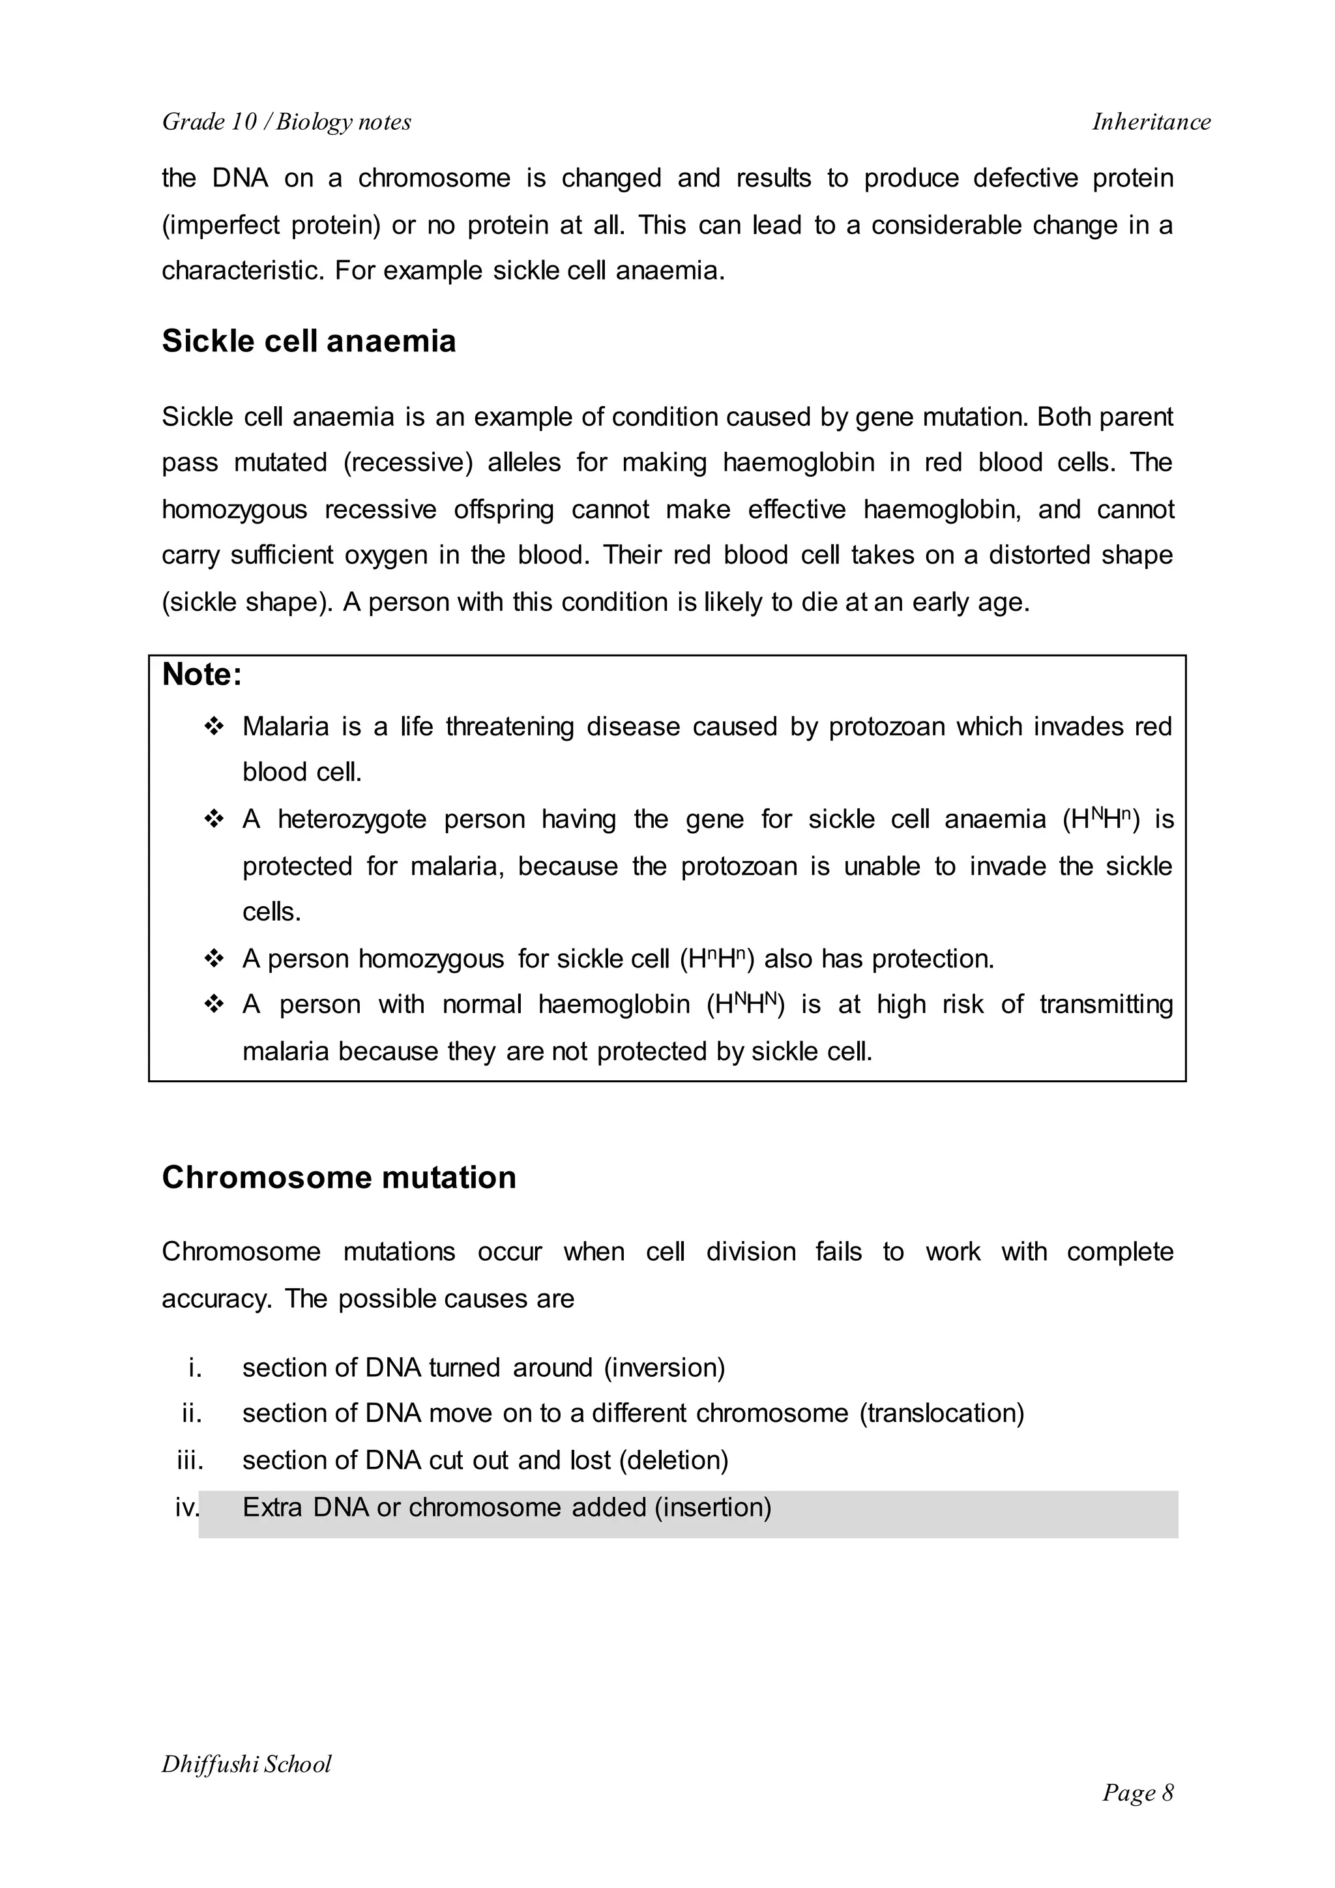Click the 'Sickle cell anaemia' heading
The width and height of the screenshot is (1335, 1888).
pos(308,341)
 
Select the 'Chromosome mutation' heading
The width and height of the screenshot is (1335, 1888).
pos(339,1177)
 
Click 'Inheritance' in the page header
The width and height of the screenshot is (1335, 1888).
pos(1151,122)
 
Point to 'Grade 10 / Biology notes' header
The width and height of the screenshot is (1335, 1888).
pos(286,122)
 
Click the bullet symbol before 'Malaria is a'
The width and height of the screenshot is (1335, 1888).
pos(214,727)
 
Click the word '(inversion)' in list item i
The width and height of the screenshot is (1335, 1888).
pos(664,1368)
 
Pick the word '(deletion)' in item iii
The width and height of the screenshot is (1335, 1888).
pos(673,1460)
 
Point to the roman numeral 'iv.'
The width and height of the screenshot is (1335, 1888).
pos(188,1507)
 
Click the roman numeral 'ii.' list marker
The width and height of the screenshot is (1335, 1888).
pos(192,1413)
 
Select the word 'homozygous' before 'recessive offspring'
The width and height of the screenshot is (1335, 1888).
pos(234,510)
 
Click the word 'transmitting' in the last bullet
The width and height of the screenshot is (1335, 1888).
pos(1106,1004)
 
